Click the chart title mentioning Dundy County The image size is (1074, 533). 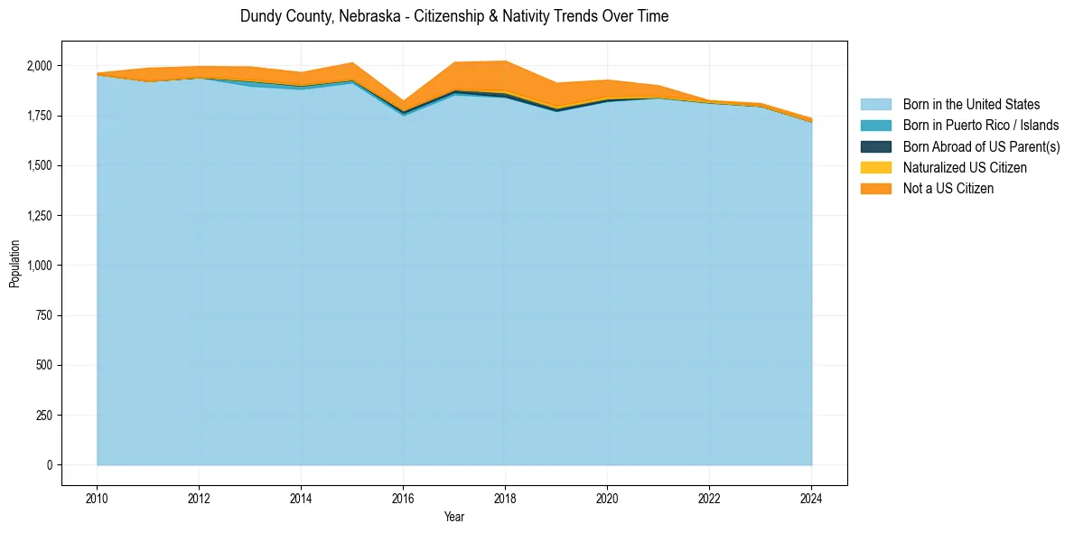(x=454, y=16)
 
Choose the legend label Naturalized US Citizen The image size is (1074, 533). (x=965, y=168)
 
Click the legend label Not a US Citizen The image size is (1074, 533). (x=948, y=189)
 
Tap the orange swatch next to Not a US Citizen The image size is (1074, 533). (x=875, y=189)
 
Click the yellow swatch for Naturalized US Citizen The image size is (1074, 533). (x=875, y=168)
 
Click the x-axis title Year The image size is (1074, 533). (x=454, y=517)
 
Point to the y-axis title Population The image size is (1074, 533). (x=14, y=264)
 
